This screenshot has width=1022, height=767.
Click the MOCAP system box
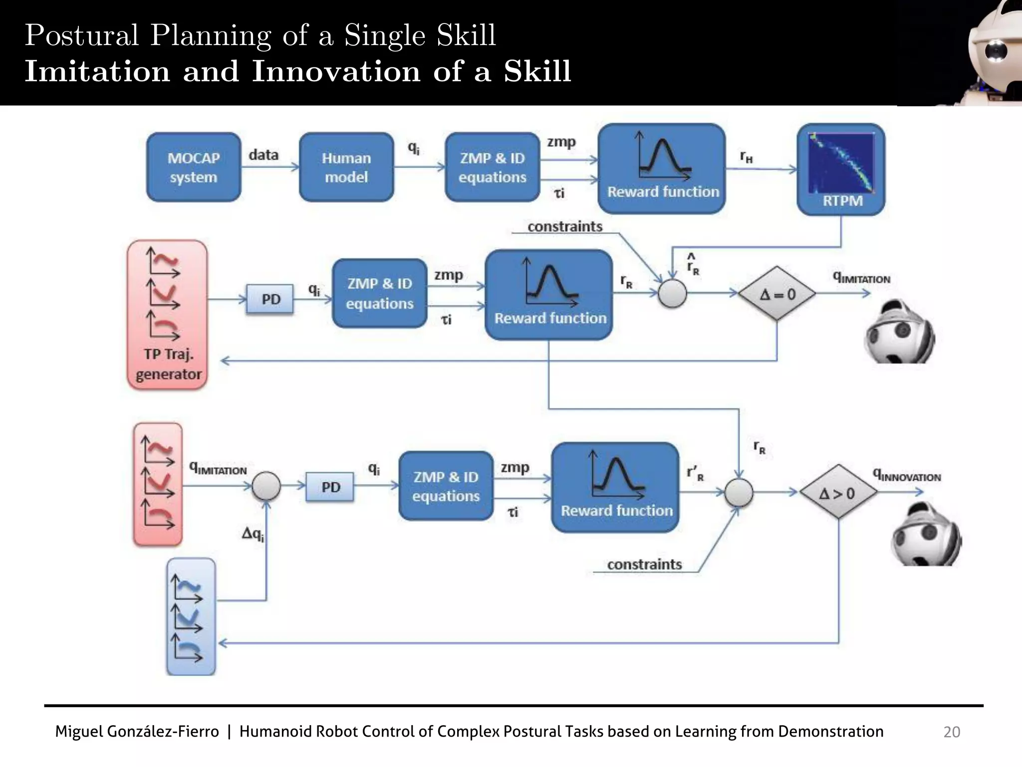click(194, 167)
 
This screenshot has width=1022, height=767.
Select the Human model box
click(346, 167)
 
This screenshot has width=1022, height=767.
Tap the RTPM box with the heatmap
click(841, 170)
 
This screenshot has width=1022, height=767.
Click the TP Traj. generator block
click(168, 315)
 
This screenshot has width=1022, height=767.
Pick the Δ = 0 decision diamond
click(777, 294)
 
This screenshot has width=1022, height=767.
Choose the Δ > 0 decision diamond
click(838, 492)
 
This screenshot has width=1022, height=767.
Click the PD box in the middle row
click(270, 299)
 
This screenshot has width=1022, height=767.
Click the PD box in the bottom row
click(330, 487)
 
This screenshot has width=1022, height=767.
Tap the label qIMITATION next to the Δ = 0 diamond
click(862, 278)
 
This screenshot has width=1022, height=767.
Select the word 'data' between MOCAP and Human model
click(263, 155)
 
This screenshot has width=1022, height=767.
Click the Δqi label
click(253, 534)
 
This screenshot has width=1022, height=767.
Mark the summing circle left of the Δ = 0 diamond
click(672, 293)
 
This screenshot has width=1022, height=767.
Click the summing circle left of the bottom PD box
click(266, 486)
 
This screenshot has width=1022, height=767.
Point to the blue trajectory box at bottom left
click(191, 617)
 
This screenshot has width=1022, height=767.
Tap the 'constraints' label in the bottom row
click(644, 564)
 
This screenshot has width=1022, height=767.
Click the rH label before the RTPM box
click(746, 157)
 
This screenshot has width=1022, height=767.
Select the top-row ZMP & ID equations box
click(493, 167)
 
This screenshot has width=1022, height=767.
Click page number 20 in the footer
click(951, 732)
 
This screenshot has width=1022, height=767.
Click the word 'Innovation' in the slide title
click(336, 71)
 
